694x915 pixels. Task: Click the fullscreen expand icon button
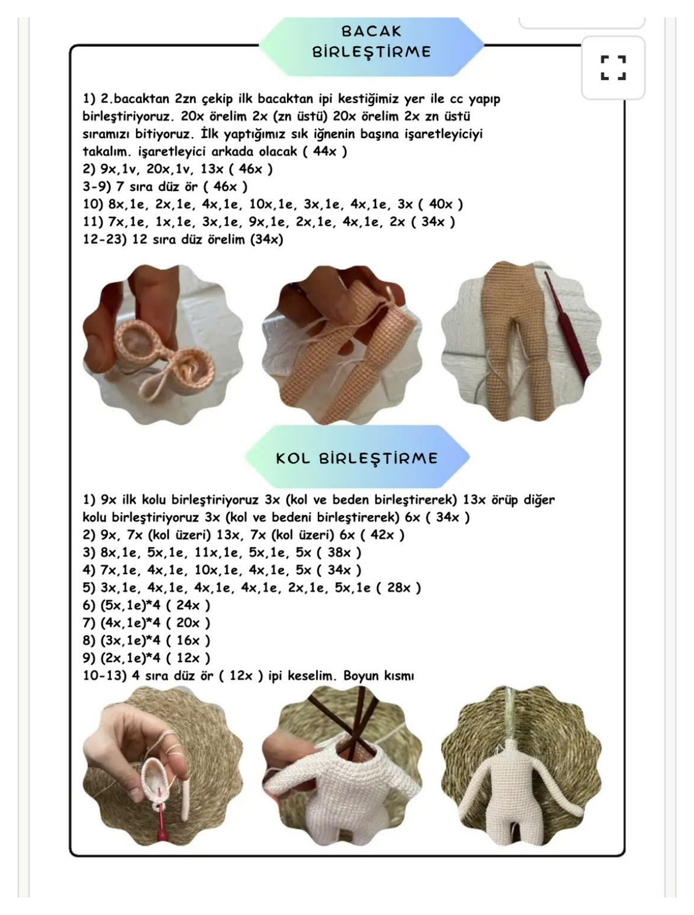[x=613, y=68]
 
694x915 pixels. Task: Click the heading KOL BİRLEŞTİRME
[x=357, y=458]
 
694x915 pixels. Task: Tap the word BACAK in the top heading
[x=371, y=31]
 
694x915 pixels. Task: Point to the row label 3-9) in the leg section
[x=97, y=186]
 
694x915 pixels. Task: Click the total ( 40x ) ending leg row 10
[x=440, y=204]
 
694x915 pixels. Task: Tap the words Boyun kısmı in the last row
[x=378, y=675]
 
